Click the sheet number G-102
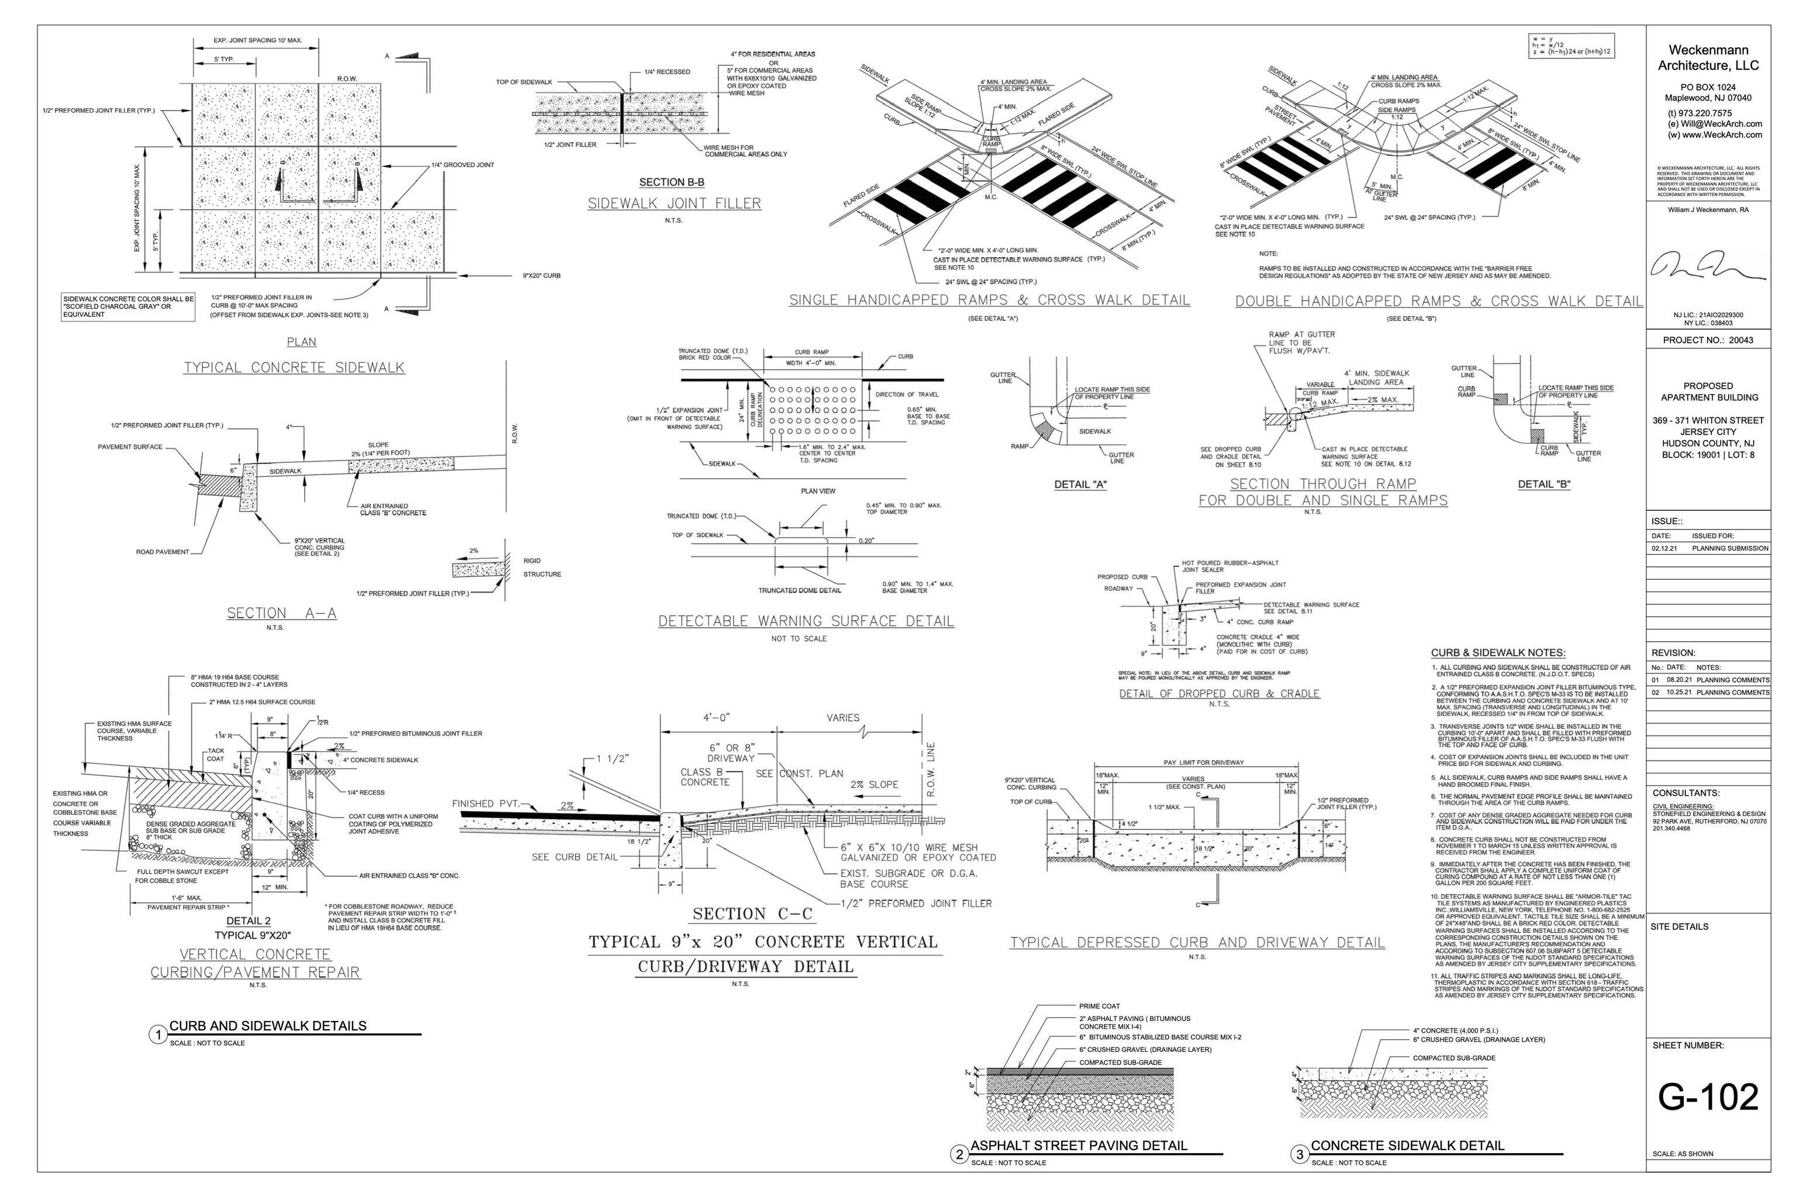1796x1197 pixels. point(1708,1097)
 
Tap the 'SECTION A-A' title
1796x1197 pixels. point(281,613)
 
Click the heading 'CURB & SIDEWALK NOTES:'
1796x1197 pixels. point(1497,653)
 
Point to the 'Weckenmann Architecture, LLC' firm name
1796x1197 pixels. point(1708,58)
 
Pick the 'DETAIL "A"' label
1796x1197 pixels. point(1080,484)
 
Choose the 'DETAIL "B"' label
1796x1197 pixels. point(1544,484)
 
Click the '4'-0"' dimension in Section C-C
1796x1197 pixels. point(716,718)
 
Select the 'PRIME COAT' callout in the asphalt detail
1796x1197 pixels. point(1100,1006)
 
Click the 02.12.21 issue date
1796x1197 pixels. point(1664,548)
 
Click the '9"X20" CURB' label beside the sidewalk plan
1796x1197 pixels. point(541,276)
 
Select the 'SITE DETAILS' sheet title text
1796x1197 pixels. point(1679,927)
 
